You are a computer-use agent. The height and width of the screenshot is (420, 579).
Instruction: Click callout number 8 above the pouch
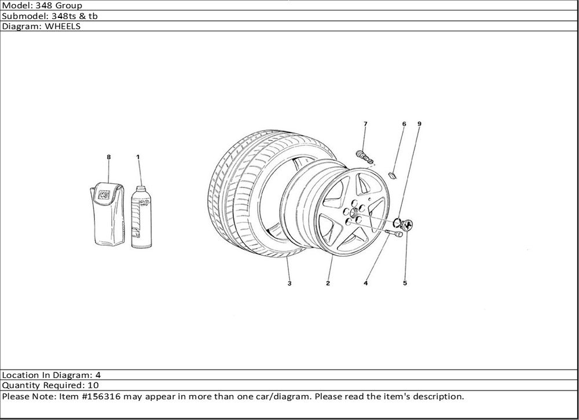coord(109,157)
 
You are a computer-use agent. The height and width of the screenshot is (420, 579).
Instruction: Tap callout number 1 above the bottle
coord(138,157)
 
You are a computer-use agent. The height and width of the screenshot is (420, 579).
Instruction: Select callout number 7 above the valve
coord(365,124)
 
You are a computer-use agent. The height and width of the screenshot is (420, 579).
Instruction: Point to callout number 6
coord(404,124)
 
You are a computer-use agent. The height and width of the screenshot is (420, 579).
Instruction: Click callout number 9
coord(419,124)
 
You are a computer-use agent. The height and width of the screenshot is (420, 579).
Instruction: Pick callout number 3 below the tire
coord(289,283)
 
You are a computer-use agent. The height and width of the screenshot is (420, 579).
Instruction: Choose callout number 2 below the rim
coord(328,283)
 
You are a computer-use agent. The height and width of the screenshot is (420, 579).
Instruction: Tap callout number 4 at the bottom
coord(365,283)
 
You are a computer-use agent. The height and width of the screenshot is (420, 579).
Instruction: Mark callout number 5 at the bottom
coord(405,283)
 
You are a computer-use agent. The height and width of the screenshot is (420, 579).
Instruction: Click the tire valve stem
coord(364,156)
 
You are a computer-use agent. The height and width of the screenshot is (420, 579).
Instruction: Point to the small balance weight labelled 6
coord(393,175)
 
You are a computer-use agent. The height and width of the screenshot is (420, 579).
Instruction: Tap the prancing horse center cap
coord(408,224)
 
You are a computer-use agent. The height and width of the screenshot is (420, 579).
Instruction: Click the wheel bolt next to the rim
coord(394,233)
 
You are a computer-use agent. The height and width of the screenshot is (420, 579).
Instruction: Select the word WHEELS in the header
coord(63,26)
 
